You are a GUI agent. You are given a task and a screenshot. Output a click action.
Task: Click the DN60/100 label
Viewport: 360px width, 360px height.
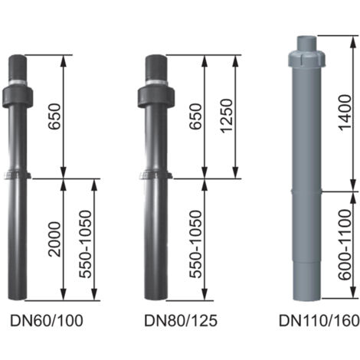tap(47, 321)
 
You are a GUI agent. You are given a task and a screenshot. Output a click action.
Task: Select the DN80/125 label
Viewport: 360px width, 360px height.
tap(181, 321)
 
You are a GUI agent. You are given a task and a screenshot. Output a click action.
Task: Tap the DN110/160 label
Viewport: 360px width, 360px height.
tap(319, 321)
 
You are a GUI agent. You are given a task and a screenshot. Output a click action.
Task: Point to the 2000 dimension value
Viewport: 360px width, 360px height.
tap(55, 239)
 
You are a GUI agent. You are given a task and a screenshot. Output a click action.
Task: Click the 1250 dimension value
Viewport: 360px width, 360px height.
tap(227, 116)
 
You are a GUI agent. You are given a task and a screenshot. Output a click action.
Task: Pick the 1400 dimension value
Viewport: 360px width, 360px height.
tap(345, 113)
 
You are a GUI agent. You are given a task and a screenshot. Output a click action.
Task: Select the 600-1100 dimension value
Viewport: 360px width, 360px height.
tap(345, 244)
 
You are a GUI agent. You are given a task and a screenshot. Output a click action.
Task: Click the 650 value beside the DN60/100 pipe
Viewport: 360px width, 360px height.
tap(55, 116)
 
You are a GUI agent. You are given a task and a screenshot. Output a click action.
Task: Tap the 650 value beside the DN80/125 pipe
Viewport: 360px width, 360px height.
tap(196, 116)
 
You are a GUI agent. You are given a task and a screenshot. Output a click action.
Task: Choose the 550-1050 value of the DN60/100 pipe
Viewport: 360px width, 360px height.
tap(85, 244)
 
